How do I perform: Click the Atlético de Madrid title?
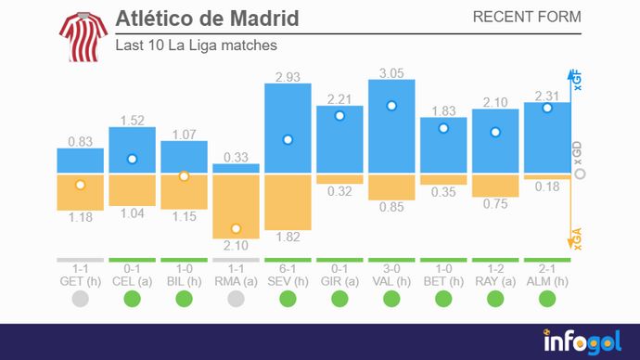click(207, 19)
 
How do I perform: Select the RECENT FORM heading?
click(527, 17)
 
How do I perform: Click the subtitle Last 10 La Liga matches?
click(196, 45)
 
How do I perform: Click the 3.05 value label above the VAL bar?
click(391, 71)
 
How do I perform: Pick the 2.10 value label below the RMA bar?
click(236, 246)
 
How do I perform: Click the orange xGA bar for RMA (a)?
click(236, 206)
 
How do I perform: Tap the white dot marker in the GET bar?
click(80, 185)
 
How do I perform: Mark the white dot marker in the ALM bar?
click(547, 108)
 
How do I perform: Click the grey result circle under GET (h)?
click(80, 299)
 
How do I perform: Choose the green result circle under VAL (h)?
click(391, 299)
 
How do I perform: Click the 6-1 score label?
click(288, 268)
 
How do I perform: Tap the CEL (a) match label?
click(132, 279)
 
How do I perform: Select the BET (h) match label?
click(443, 279)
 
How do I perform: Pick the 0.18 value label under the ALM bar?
click(547, 187)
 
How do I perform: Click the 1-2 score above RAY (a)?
click(495, 268)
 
